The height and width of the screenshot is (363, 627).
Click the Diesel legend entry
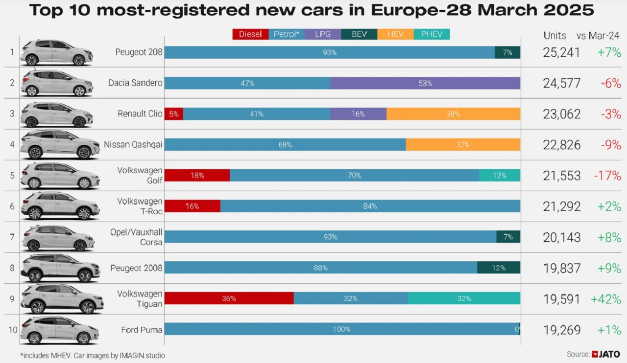pyautogui.click(x=250, y=34)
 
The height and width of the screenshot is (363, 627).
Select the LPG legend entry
pyautogui.click(x=323, y=34)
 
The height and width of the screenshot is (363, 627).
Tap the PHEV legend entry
pyautogui.click(x=432, y=34)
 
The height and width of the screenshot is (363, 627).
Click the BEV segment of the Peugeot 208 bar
pyautogui.click(x=507, y=52)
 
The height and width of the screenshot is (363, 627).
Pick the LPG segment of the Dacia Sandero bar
pyautogui.click(x=425, y=83)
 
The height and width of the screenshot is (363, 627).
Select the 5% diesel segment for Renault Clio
pyautogui.click(x=174, y=114)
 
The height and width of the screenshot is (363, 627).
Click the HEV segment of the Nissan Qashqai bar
pyautogui.click(x=463, y=144)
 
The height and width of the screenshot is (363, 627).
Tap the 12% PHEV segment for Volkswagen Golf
pyautogui.click(x=500, y=175)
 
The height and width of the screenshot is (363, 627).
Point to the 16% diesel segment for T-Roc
pyautogui.click(x=192, y=206)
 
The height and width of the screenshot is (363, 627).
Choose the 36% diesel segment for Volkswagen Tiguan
pyautogui.click(x=229, y=298)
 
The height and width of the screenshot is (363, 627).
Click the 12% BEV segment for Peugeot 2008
pyautogui.click(x=499, y=268)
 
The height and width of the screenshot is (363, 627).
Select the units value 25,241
pyautogui.click(x=561, y=52)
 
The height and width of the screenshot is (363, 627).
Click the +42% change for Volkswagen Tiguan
pyautogui.click(x=606, y=299)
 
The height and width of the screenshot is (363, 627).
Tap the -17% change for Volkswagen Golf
pyautogui.click(x=607, y=176)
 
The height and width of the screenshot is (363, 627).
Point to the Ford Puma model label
pyautogui.click(x=142, y=329)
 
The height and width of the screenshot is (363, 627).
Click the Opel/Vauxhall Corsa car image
pyautogui.click(x=58, y=237)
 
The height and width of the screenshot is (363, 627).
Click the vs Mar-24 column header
pyautogui.click(x=598, y=35)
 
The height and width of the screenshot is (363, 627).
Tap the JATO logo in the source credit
pyautogui.click(x=608, y=354)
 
